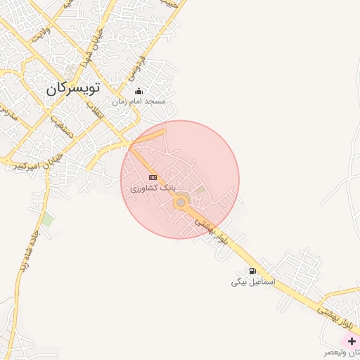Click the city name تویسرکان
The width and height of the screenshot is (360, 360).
pyautogui.click(x=73, y=89)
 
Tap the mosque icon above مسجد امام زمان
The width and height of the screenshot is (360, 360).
pyautogui.click(x=139, y=91)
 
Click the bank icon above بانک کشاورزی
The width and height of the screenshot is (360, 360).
pyautogui.click(x=153, y=177)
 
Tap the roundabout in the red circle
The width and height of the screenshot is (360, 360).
pyautogui.click(x=181, y=202)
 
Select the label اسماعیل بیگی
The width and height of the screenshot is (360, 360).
pyautogui.click(x=253, y=282)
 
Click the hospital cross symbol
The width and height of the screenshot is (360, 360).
pyautogui.click(x=352, y=341)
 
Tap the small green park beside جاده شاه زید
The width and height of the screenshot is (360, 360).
pyautogui.click(x=47, y=220)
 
